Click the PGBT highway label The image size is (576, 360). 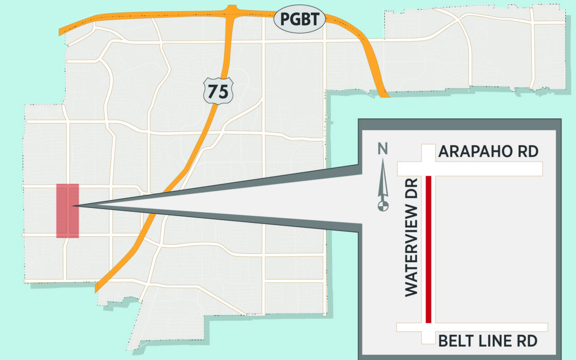[299, 20]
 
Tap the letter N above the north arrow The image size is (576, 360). [382, 150]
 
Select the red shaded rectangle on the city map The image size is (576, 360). [68, 211]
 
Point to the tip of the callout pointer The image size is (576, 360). [75, 206]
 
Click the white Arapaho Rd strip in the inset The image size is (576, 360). [480, 169]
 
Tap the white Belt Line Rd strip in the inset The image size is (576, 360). [480, 327]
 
